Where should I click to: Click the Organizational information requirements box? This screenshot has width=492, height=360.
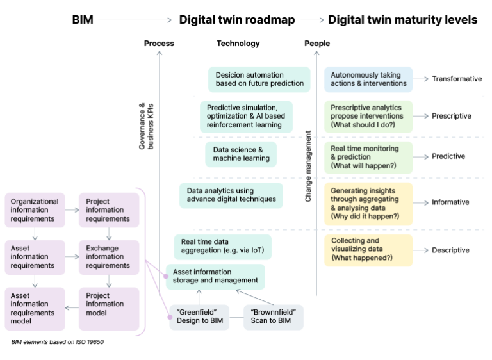[35, 210]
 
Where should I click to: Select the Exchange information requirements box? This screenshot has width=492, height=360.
[108, 257]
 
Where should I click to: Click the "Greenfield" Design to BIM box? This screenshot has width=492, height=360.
[199, 317]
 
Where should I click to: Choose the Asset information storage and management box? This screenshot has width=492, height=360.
[215, 276]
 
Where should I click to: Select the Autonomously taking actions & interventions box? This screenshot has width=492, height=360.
[368, 79]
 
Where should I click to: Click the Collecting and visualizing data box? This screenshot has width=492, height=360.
[368, 250]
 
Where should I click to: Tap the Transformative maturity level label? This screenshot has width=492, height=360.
[456, 79]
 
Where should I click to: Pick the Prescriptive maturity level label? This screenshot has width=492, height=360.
[452, 116]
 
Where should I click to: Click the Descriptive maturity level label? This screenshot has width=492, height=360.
[450, 250]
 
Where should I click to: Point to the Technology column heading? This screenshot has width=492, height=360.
[238, 44]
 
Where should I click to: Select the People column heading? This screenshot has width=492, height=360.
[317, 44]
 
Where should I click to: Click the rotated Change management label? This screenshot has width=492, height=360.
[308, 167]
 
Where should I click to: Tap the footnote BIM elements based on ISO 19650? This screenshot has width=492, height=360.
[58, 342]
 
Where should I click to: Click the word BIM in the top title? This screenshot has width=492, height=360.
[83, 20]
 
